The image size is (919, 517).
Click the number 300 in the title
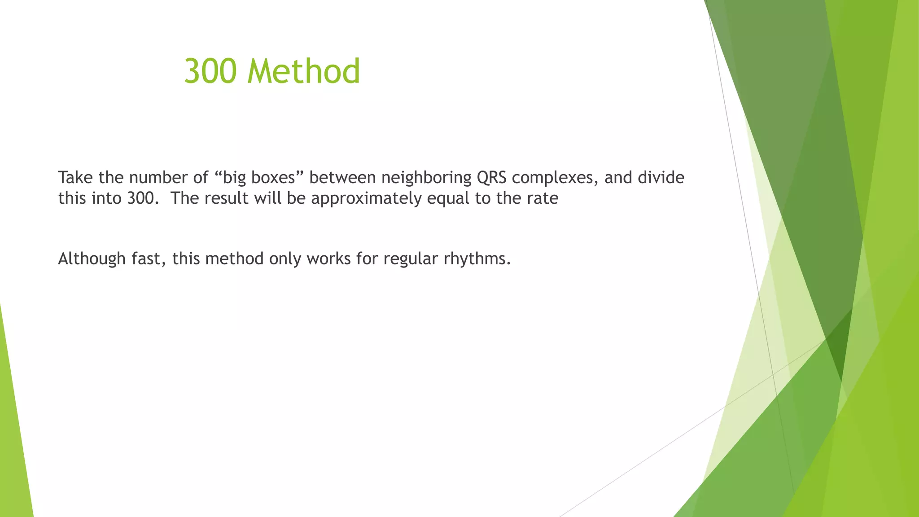click(210, 71)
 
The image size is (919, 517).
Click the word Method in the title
click(304, 71)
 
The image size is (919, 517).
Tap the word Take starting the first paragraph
click(75, 178)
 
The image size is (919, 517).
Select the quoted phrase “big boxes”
click(257, 178)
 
